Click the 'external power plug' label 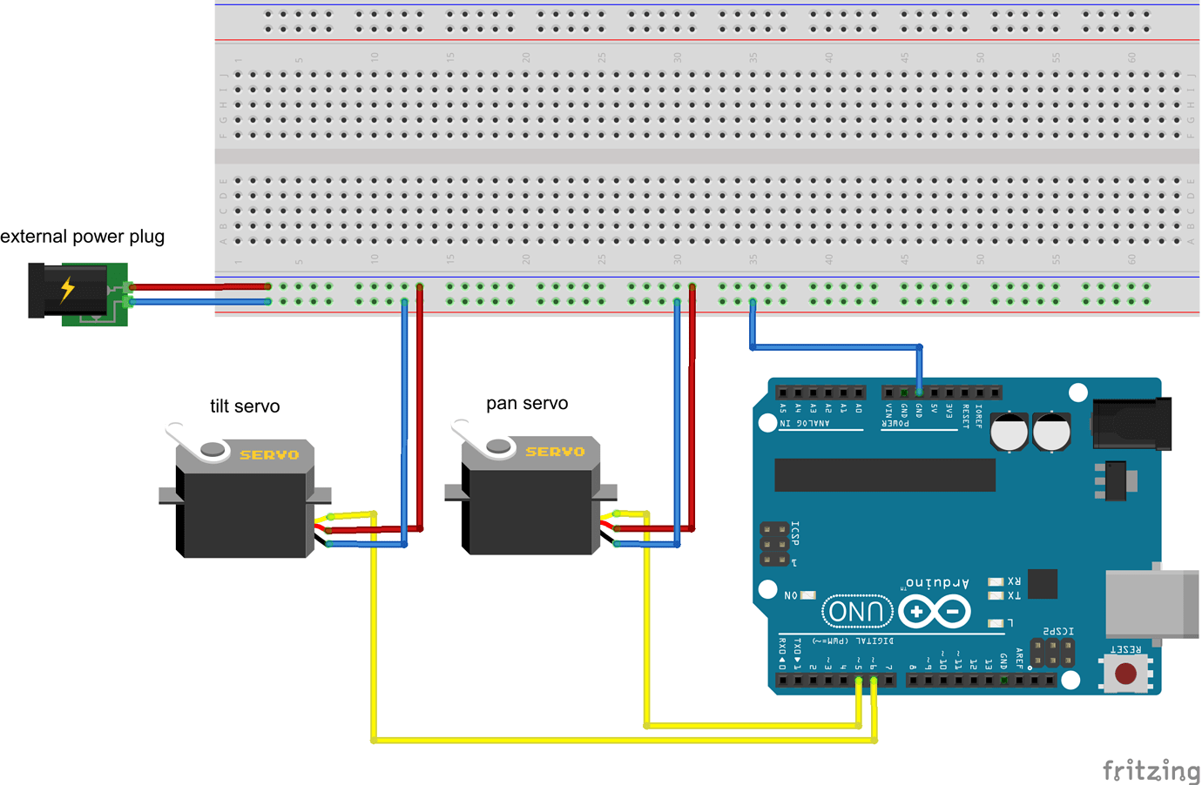pyautogui.click(x=83, y=237)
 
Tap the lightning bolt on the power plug pyautogui.click(x=67, y=289)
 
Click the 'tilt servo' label pyautogui.click(x=245, y=406)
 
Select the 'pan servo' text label pyautogui.click(x=527, y=403)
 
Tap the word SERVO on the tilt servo pyautogui.click(x=269, y=455)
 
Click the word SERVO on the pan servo pyautogui.click(x=555, y=452)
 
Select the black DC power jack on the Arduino pyautogui.click(x=1130, y=424)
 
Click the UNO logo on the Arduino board pyautogui.click(x=856, y=612)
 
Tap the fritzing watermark pyautogui.click(x=1151, y=770)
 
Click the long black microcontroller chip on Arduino pyautogui.click(x=884, y=475)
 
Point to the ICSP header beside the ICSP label pyautogui.click(x=773, y=544)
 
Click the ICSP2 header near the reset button pyautogui.click(x=1051, y=653)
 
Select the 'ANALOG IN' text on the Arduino pyautogui.click(x=805, y=424)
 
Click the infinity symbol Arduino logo pyautogui.click(x=935, y=613)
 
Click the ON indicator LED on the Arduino pyautogui.click(x=807, y=595)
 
